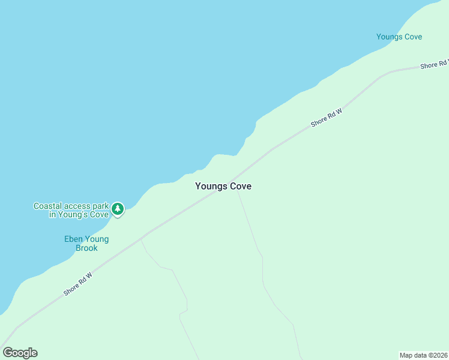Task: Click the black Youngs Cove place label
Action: pyautogui.click(x=223, y=187)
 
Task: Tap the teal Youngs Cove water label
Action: pyautogui.click(x=399, y=37)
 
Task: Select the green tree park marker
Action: pyautogui.click(x=118, y=209)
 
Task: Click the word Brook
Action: pyautogui.click(x=86, y=248)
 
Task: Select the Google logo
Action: pyautogui.click(x=20, y=353)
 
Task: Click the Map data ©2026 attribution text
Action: pyautogui.click(x=424, y=355)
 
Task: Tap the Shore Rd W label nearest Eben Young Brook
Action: pyautogui.click(x=79, y=284)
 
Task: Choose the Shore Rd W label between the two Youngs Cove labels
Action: pyautogui.click(x=326, y=118)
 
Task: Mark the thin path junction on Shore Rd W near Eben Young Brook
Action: pyautogui.click(x=141, y=238)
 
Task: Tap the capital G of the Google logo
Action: pyautogui.click(x=8, y=353)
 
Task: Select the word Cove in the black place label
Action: pyautogui.click(x=240, y=187)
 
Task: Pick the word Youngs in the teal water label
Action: pyautogui.click(x=388, y=37)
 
